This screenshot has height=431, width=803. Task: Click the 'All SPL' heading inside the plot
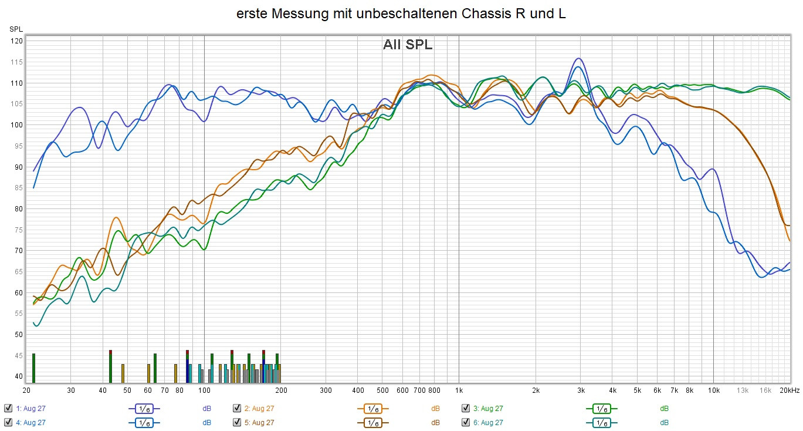click(408, 45)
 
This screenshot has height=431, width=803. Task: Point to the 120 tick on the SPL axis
click(17, 41)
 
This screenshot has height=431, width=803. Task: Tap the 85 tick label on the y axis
click(17, 188)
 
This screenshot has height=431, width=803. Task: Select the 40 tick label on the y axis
click(17, 376)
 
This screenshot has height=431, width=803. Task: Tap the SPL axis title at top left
click(16, 29)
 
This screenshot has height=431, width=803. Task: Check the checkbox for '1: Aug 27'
click(8, 408)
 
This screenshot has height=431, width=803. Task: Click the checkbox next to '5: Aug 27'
click(237, 422)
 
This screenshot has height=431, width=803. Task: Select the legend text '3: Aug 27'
click(488, 408)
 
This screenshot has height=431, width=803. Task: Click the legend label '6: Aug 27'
click(488, 422)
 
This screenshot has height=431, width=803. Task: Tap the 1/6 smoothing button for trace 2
click(372, 408)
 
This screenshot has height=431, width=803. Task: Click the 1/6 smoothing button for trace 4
click(144, 422)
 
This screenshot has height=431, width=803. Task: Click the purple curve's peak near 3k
click(579, 59)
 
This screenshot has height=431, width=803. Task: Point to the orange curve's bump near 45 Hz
click(116, 218)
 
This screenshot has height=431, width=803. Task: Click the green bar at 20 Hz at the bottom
click(33, 368)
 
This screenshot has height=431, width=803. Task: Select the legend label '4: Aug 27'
click(31, 422)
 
